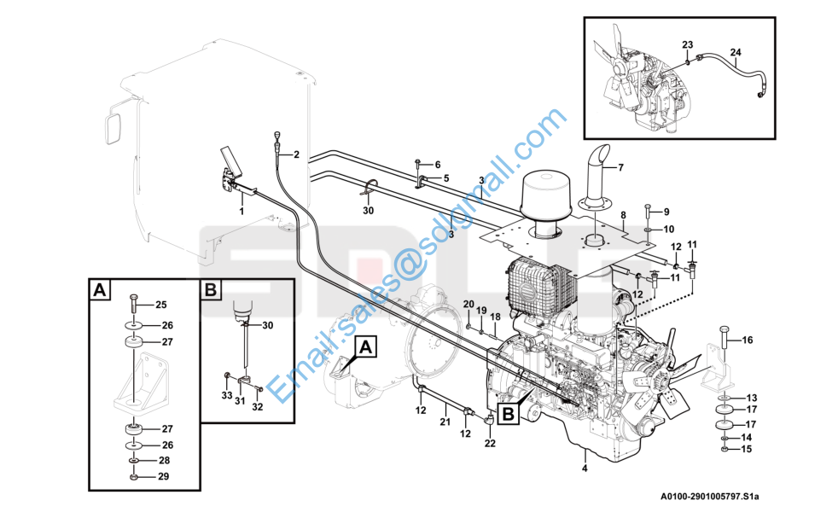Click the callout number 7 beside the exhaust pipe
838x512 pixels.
click(620, 168)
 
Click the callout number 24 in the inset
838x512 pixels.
click(736, 52)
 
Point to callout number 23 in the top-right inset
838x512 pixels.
click(688, 45)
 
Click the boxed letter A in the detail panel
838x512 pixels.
click(99, 289)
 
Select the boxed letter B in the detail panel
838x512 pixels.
click(211, 289)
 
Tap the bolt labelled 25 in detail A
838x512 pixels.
click(134, 305)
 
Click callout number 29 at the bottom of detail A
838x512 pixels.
click(164, 476)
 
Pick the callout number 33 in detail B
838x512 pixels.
click(227, 395)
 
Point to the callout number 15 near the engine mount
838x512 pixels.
click(746, 449)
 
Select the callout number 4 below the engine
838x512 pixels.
click(585, 468)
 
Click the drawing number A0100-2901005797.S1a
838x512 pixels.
click(709, 497)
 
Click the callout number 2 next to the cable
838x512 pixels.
click(296, 155)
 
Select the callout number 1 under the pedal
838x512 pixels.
click(242, 212)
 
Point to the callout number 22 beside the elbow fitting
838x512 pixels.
click(490, 443)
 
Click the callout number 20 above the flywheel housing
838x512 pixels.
click(468, 304)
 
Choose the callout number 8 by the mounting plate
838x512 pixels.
click(623, 215)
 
